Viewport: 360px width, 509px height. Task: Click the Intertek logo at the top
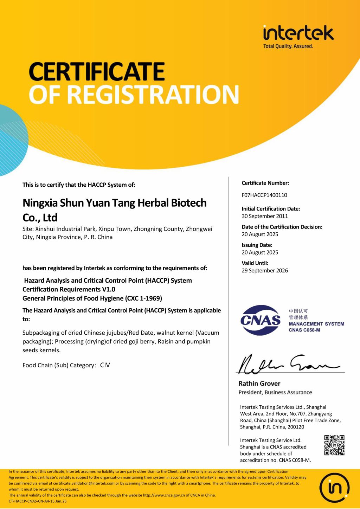pos(298,33)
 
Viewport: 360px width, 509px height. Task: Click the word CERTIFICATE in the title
pos(97,72)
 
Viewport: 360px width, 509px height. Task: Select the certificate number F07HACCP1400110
pos(264,195)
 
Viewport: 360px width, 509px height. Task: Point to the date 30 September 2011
pos(265,216)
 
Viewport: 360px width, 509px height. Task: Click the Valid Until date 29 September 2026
pos(265,271)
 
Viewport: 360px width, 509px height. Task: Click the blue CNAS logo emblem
pos(261,320)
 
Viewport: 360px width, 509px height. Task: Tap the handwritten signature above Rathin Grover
pos(288,364)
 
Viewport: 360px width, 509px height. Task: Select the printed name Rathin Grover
pos(259,384)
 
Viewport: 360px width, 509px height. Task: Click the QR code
pos(334,445)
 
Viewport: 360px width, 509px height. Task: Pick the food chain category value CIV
pos(105,365)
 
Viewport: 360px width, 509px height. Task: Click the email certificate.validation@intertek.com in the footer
pos(84,483)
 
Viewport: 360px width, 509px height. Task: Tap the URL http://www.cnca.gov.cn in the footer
pos(166,495)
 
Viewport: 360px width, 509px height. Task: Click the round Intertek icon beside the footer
pos(334,488)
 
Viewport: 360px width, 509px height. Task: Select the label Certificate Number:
pos(265,183)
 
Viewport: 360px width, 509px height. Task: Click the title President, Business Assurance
pos(275,392)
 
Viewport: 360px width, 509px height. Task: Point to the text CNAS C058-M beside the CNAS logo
pos(304,330)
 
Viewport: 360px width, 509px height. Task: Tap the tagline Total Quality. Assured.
pos(288,46)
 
